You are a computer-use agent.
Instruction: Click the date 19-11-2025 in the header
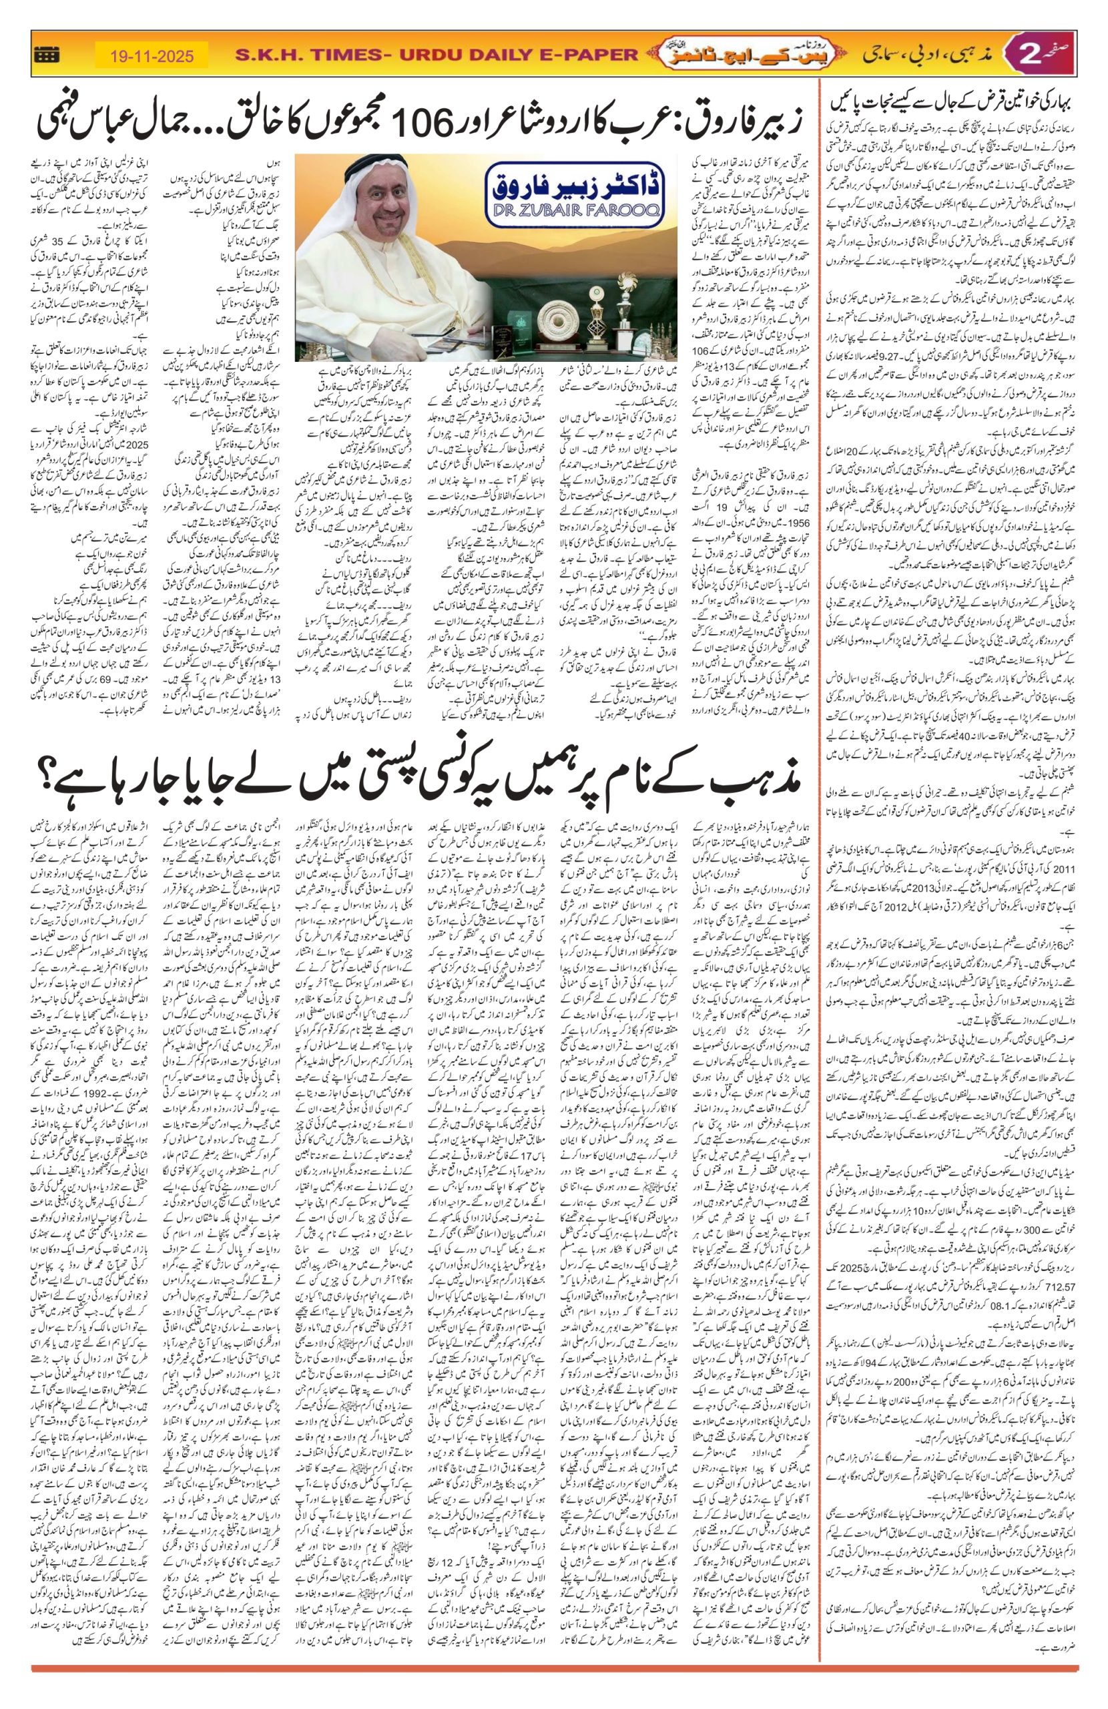point(152,55)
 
